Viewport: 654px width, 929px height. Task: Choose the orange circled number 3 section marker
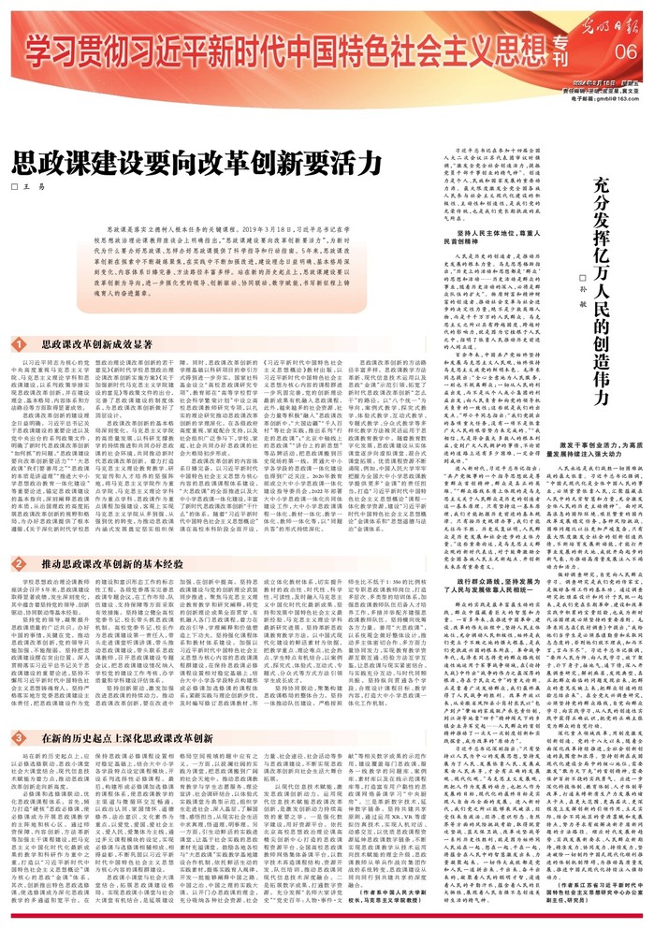(18, 713)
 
